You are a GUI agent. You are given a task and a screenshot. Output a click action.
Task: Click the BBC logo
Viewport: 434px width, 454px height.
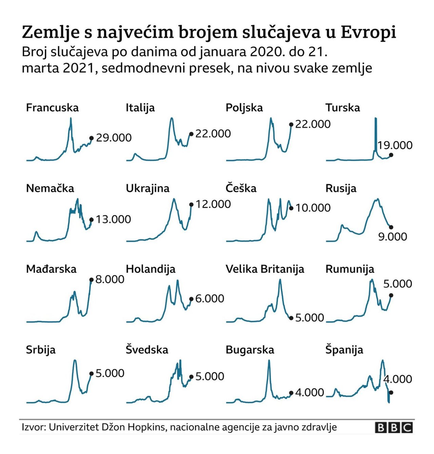pos(394,428)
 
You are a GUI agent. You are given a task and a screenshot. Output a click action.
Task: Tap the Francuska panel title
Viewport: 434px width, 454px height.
pos(52,108)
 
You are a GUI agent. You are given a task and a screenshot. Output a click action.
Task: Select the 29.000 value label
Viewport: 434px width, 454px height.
pos(114,138)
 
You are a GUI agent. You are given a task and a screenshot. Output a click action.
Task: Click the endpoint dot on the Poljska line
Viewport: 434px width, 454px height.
pos(291,124)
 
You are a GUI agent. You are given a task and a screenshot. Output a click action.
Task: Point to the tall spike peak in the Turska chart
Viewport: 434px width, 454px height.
pos(376,119)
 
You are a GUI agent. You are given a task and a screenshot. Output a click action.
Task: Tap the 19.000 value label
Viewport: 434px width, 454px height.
pos(395,145)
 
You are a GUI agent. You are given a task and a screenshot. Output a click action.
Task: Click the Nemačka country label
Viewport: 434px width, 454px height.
pos(50,188)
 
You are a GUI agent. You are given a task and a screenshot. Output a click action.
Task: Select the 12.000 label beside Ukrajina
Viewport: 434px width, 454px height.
pos(213,204)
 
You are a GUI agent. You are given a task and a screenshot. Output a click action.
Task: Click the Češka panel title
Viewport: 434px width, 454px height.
pos(241,188)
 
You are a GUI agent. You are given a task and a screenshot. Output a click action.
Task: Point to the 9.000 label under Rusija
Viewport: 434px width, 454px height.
pos(393,236)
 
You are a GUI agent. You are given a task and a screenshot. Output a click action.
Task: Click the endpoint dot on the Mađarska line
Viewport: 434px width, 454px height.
pos(91,280)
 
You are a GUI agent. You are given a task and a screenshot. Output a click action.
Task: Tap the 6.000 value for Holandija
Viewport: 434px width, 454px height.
pos(210,298)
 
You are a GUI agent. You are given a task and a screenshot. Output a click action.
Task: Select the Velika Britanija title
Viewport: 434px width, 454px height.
pos(265,269)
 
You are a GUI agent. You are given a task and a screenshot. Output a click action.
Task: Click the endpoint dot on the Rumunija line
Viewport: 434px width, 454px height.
pos(391,295)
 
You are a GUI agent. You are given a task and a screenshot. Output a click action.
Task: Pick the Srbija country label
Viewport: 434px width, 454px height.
pos(41,350)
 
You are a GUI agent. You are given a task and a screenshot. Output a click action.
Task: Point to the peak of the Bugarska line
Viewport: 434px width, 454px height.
pos(269,360)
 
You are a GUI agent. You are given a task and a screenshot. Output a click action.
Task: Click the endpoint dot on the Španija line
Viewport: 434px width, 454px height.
pos(391,392)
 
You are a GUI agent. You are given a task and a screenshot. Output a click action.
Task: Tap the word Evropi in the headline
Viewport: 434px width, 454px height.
pos(368,32)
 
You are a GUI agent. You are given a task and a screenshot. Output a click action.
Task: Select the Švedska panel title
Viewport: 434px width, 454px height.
pos(147,350)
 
